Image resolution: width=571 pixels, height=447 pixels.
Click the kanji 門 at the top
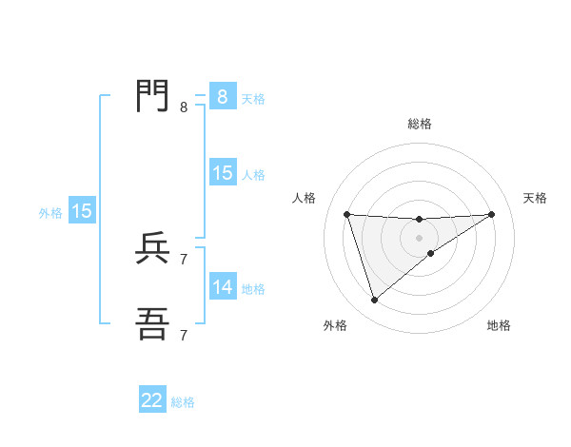(x=153, y=96)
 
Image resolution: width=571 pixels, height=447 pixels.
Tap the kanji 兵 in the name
(x=153, y=248)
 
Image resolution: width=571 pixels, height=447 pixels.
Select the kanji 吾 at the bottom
(x=153, y=324)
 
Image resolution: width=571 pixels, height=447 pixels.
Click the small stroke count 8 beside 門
(x=184, y=107)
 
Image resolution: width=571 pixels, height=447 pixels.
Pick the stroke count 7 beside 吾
(x=184, y=335)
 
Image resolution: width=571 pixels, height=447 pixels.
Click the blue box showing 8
(x=222, y=97)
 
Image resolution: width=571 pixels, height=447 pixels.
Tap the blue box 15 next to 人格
(x=222, y=173)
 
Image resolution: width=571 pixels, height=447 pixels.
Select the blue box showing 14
(x=222, y=287)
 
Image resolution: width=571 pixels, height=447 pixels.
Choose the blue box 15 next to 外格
(x=82, y=211)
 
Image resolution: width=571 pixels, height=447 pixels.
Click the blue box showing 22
(x=152, y=400)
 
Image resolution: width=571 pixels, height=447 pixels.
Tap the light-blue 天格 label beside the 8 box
(x=253, y=99)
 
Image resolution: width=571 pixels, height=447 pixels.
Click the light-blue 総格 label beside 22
(x=183, y=402)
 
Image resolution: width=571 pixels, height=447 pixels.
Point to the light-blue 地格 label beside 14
(x=253, y=289)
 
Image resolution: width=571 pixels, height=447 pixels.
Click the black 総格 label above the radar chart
(x=420, y=124)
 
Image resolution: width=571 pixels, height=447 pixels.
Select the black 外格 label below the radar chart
(x=335, y=325)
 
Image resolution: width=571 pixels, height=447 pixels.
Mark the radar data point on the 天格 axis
(x=491, y=214)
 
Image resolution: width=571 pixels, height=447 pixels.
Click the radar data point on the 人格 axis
(x=347, y=214)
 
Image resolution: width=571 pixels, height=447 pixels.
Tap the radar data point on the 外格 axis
(x=375, y=301)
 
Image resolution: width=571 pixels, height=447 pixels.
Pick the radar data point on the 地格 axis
(x=431, y=253)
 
